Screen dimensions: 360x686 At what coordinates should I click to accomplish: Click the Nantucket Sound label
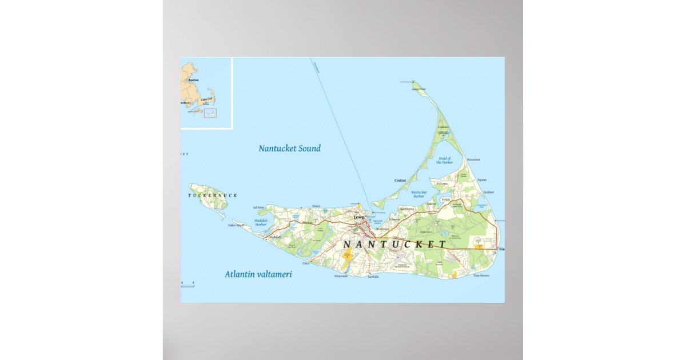(x=289, y=149)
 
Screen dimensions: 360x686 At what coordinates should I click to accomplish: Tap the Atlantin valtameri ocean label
(x=261, y=274)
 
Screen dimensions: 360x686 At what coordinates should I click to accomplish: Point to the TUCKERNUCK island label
(x=212, y=195)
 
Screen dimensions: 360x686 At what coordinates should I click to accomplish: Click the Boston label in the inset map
(x=193, y=80)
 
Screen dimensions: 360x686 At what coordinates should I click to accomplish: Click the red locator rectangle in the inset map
(x=210, y=113)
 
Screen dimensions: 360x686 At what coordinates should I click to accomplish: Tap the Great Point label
(x=419, y=89)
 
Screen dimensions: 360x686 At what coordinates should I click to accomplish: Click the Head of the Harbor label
(x=444, y=160)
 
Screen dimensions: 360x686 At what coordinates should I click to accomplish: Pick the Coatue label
(x=400, y=181)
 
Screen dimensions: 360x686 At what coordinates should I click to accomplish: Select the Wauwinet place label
(x=474, y=159)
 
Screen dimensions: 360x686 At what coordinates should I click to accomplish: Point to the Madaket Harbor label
(x=261, y=222)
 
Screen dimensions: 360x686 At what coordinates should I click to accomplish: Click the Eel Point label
(x=258, y=207)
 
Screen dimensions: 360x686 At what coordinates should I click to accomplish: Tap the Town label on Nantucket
(x=358, y=217)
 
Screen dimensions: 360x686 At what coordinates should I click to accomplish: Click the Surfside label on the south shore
(x=373, y=277)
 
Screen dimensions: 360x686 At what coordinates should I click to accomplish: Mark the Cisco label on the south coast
(x=306, y=263)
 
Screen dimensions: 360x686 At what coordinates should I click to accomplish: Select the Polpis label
(x=446, y=200)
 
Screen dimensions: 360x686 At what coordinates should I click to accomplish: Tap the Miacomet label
(x=341, y=276)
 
